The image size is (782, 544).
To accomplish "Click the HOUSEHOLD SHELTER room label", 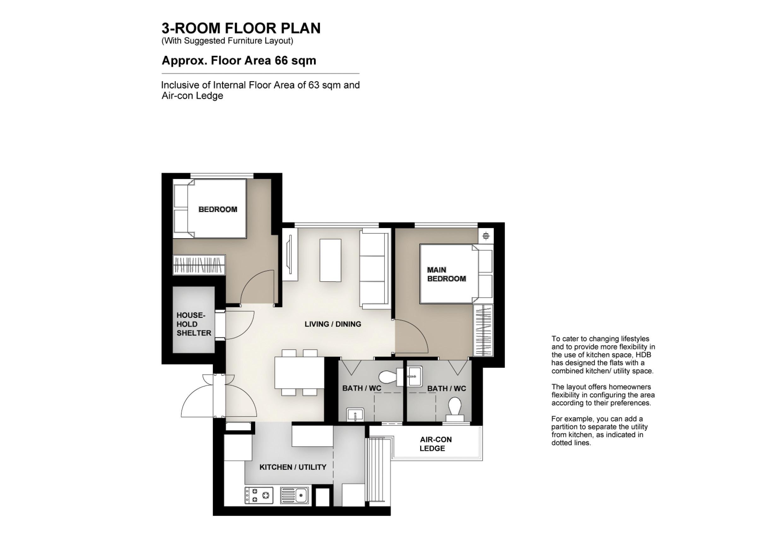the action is coord(193,324).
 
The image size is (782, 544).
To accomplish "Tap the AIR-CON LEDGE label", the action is coord(435,444).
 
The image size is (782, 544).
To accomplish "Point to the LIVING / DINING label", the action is coord(333,324).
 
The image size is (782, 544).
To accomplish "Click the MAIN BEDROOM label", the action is coord(446,274).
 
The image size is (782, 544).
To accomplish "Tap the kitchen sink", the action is coord(295,495).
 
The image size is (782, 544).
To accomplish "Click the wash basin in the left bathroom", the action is coord(355,415).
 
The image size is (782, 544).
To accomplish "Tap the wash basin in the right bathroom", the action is coord(415,376).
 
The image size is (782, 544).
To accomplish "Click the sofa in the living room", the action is coord(375,269).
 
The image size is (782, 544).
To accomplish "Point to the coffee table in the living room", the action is coord(330,260).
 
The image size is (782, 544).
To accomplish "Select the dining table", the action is coord(299,372).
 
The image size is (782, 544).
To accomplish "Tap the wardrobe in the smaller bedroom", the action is coord(199,264).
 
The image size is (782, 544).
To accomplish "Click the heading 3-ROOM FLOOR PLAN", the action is coord(241,28).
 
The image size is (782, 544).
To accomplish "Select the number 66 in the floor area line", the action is coord(281,61).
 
